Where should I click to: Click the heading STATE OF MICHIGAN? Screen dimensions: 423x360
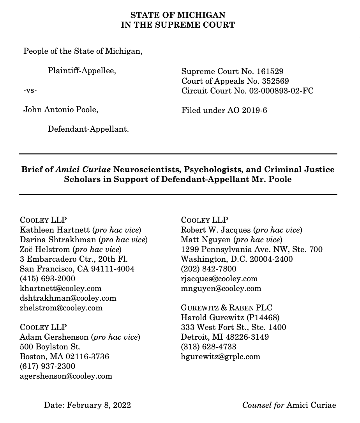point(178,15)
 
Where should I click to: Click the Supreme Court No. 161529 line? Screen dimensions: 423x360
point(232,71)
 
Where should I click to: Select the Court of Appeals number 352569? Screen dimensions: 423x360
point(275,81)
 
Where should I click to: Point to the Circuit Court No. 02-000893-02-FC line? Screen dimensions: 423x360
point(247,91)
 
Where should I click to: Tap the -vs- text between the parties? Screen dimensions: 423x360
point(30,91)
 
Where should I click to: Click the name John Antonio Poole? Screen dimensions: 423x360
point(61,110)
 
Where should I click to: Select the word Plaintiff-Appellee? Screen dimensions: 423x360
point(82,71)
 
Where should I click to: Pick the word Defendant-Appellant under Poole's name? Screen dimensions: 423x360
point(88,129)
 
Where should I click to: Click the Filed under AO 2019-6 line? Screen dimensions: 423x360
point(224,110)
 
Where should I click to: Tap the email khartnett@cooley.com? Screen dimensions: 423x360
point(60,289)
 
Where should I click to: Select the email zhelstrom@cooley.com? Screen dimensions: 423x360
point(61,308)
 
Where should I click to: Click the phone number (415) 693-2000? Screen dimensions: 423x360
point(48,279)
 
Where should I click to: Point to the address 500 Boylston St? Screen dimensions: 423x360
point(50,347)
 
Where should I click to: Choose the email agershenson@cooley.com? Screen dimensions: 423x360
point(66,376)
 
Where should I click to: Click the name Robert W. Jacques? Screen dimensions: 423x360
point(215,230)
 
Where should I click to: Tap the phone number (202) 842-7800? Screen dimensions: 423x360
point(208,269)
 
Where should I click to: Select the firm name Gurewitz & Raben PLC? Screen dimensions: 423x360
point(227,308)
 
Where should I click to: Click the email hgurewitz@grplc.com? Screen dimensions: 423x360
point(220,356)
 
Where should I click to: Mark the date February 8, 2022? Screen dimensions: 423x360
point(99,405)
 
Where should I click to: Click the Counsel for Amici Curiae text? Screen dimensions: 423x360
point(289,405)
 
